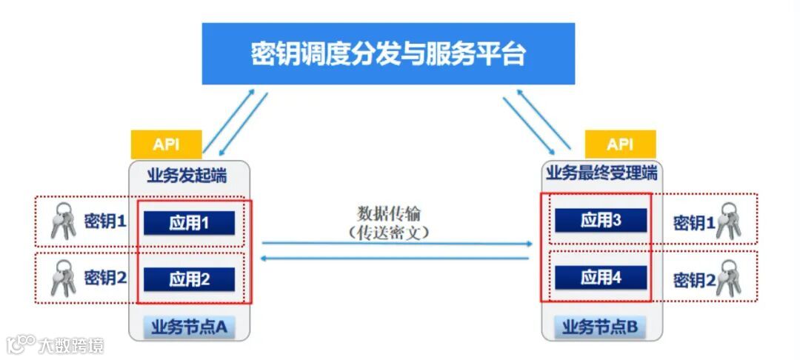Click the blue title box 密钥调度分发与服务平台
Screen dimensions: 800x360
point(388,54)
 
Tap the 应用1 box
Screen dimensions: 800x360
point(189,223)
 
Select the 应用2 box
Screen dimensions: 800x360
point(189,279)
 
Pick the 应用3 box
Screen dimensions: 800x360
point(601,220)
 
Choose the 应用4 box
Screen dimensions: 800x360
point(601,277)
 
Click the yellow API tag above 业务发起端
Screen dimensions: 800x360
point(166,144)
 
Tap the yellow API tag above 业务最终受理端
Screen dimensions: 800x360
point(620,144)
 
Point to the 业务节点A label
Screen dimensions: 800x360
point(189,326)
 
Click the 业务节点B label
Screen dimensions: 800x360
point(600,326)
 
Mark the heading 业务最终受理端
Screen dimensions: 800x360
point(601,174)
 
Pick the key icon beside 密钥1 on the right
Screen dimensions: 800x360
point(728,220)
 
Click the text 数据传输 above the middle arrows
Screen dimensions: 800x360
point(389,214)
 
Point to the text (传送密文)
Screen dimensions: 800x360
point(389,231)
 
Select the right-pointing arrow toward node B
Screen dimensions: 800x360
point(396,243)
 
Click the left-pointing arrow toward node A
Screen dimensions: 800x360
point(396,258)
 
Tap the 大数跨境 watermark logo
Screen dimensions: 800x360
point(55,344)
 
